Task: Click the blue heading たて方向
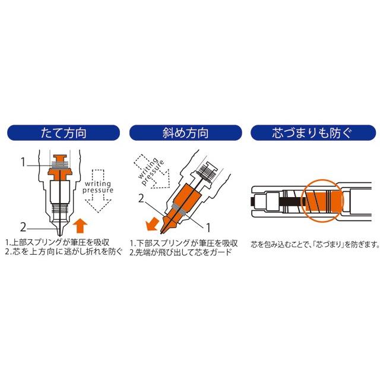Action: tap(64, 133)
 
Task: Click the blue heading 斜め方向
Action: tap(185, 133)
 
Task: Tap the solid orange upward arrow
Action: tap(80, 226)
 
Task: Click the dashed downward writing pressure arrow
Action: tap(98, 191)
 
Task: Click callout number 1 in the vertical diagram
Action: tap(23, 162)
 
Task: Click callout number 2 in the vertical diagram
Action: tap(23, 227)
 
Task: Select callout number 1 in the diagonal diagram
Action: tap(208, 228)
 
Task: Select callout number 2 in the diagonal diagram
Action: tap(141, 198)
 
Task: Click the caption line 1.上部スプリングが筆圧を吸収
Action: tap(58, 243)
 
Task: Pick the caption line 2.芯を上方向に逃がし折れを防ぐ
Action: tap(64, 252)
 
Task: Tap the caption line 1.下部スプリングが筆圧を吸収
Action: tap(183, 243)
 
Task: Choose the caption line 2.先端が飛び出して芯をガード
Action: tap(180, 252)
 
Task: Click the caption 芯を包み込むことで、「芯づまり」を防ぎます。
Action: tap(315, 244)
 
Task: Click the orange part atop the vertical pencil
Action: tap(59, 167)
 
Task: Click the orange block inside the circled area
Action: tap(324, 200)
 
